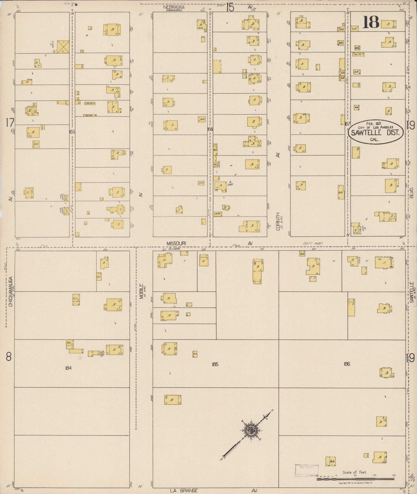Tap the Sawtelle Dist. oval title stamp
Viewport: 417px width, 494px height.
coord(375,132)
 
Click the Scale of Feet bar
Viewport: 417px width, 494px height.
coord(355,479)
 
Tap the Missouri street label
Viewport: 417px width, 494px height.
coord(176,244)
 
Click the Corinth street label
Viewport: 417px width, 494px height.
coord(278,221)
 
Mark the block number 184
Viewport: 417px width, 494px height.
coord(68,368)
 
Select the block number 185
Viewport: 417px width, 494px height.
coord(215,364)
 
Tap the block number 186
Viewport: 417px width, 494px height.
coord(347,364)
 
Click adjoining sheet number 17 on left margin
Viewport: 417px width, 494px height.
coord(10,123)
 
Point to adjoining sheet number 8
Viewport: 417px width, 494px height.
coord(9,357)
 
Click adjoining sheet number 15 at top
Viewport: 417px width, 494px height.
coord(230,7)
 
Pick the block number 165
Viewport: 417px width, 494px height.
coord(72,132)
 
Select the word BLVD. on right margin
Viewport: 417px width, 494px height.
coord(412,192)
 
